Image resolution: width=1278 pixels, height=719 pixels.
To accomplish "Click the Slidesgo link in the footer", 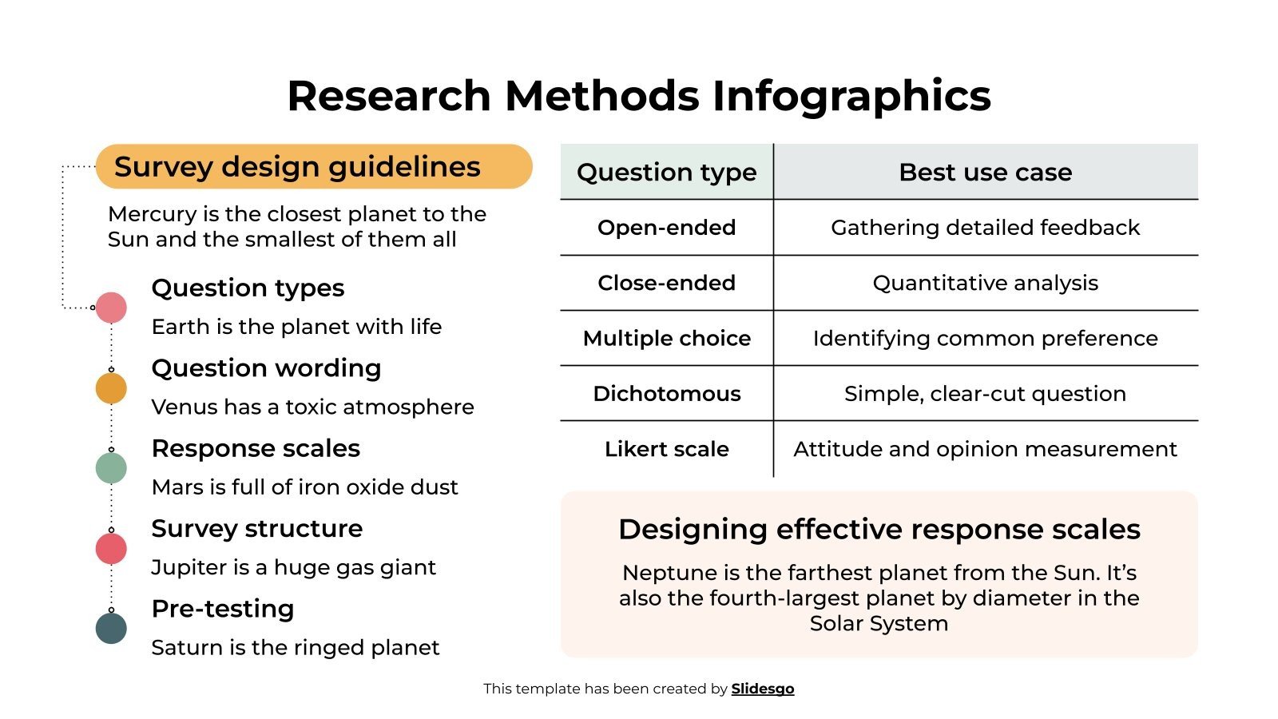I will (762, 689).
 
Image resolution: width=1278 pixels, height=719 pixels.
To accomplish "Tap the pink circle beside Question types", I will (111, 308).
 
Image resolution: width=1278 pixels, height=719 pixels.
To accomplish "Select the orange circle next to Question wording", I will (111, 388).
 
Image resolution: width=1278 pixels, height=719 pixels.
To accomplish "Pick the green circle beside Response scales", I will (111, 468).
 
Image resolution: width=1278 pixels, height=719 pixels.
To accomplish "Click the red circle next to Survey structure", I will (111, 549).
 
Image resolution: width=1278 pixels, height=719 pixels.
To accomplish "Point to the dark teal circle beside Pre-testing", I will (111, 629).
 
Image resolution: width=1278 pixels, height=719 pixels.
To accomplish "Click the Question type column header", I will (666, 173).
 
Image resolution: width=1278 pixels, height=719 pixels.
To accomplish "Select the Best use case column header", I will (985, 173).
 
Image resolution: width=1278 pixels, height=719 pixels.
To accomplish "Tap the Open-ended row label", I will (666, 228).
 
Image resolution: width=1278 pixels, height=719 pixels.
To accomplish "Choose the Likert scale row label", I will (666, 449).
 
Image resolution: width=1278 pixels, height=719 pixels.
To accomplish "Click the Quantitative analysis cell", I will (985, 283).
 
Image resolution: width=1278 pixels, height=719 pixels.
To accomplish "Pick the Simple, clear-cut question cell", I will (985, 394).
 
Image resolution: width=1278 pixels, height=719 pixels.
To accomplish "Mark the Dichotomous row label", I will (666, 394).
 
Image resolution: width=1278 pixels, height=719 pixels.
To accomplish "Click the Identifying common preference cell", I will (985, 339).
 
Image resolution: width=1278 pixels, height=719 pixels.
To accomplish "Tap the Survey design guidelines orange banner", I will (313, 167).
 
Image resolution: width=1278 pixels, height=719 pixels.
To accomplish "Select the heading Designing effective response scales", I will (879, 530).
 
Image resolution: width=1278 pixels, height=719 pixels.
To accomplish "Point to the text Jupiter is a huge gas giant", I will (293, 567).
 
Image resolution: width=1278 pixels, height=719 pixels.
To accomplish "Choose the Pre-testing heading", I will (223, 609).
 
